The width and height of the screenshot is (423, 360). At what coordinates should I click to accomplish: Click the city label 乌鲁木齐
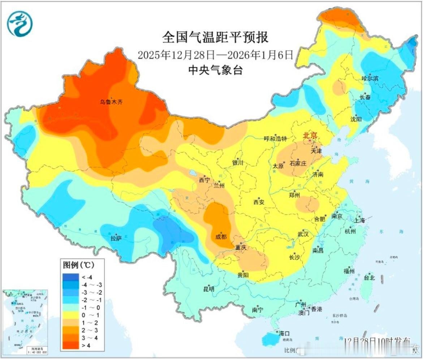tap(111, 102)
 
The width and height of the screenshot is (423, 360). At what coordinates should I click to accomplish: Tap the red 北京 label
tap(310, 136)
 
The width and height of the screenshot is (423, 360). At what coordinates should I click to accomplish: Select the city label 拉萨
tap(116, 238)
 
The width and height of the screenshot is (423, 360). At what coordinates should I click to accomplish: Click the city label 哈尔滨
tap(370, 78)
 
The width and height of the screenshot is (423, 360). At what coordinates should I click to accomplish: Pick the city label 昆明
tap(208, 289)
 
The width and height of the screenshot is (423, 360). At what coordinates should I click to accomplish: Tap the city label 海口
tap(284, 333)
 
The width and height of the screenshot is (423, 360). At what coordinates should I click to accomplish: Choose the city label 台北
tap(369, 278)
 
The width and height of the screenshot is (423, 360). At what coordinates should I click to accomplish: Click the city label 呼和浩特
tap(275, 138)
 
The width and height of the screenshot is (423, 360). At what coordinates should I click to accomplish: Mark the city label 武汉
tap(303, 234)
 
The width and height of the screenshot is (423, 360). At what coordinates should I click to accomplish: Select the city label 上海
tap(360, 220)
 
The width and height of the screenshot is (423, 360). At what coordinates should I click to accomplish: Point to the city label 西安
tap(259, 202)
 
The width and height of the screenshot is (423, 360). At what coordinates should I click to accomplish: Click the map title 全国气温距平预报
tap(215, 37)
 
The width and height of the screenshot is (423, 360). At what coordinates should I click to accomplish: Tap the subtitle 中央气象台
tap(215, 70)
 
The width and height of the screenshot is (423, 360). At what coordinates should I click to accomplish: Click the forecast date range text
tap(215, 55)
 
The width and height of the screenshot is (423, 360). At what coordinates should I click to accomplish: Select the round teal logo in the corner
tap(20, 23)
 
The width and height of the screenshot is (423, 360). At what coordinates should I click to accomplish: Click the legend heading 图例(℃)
tap(78, 265)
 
